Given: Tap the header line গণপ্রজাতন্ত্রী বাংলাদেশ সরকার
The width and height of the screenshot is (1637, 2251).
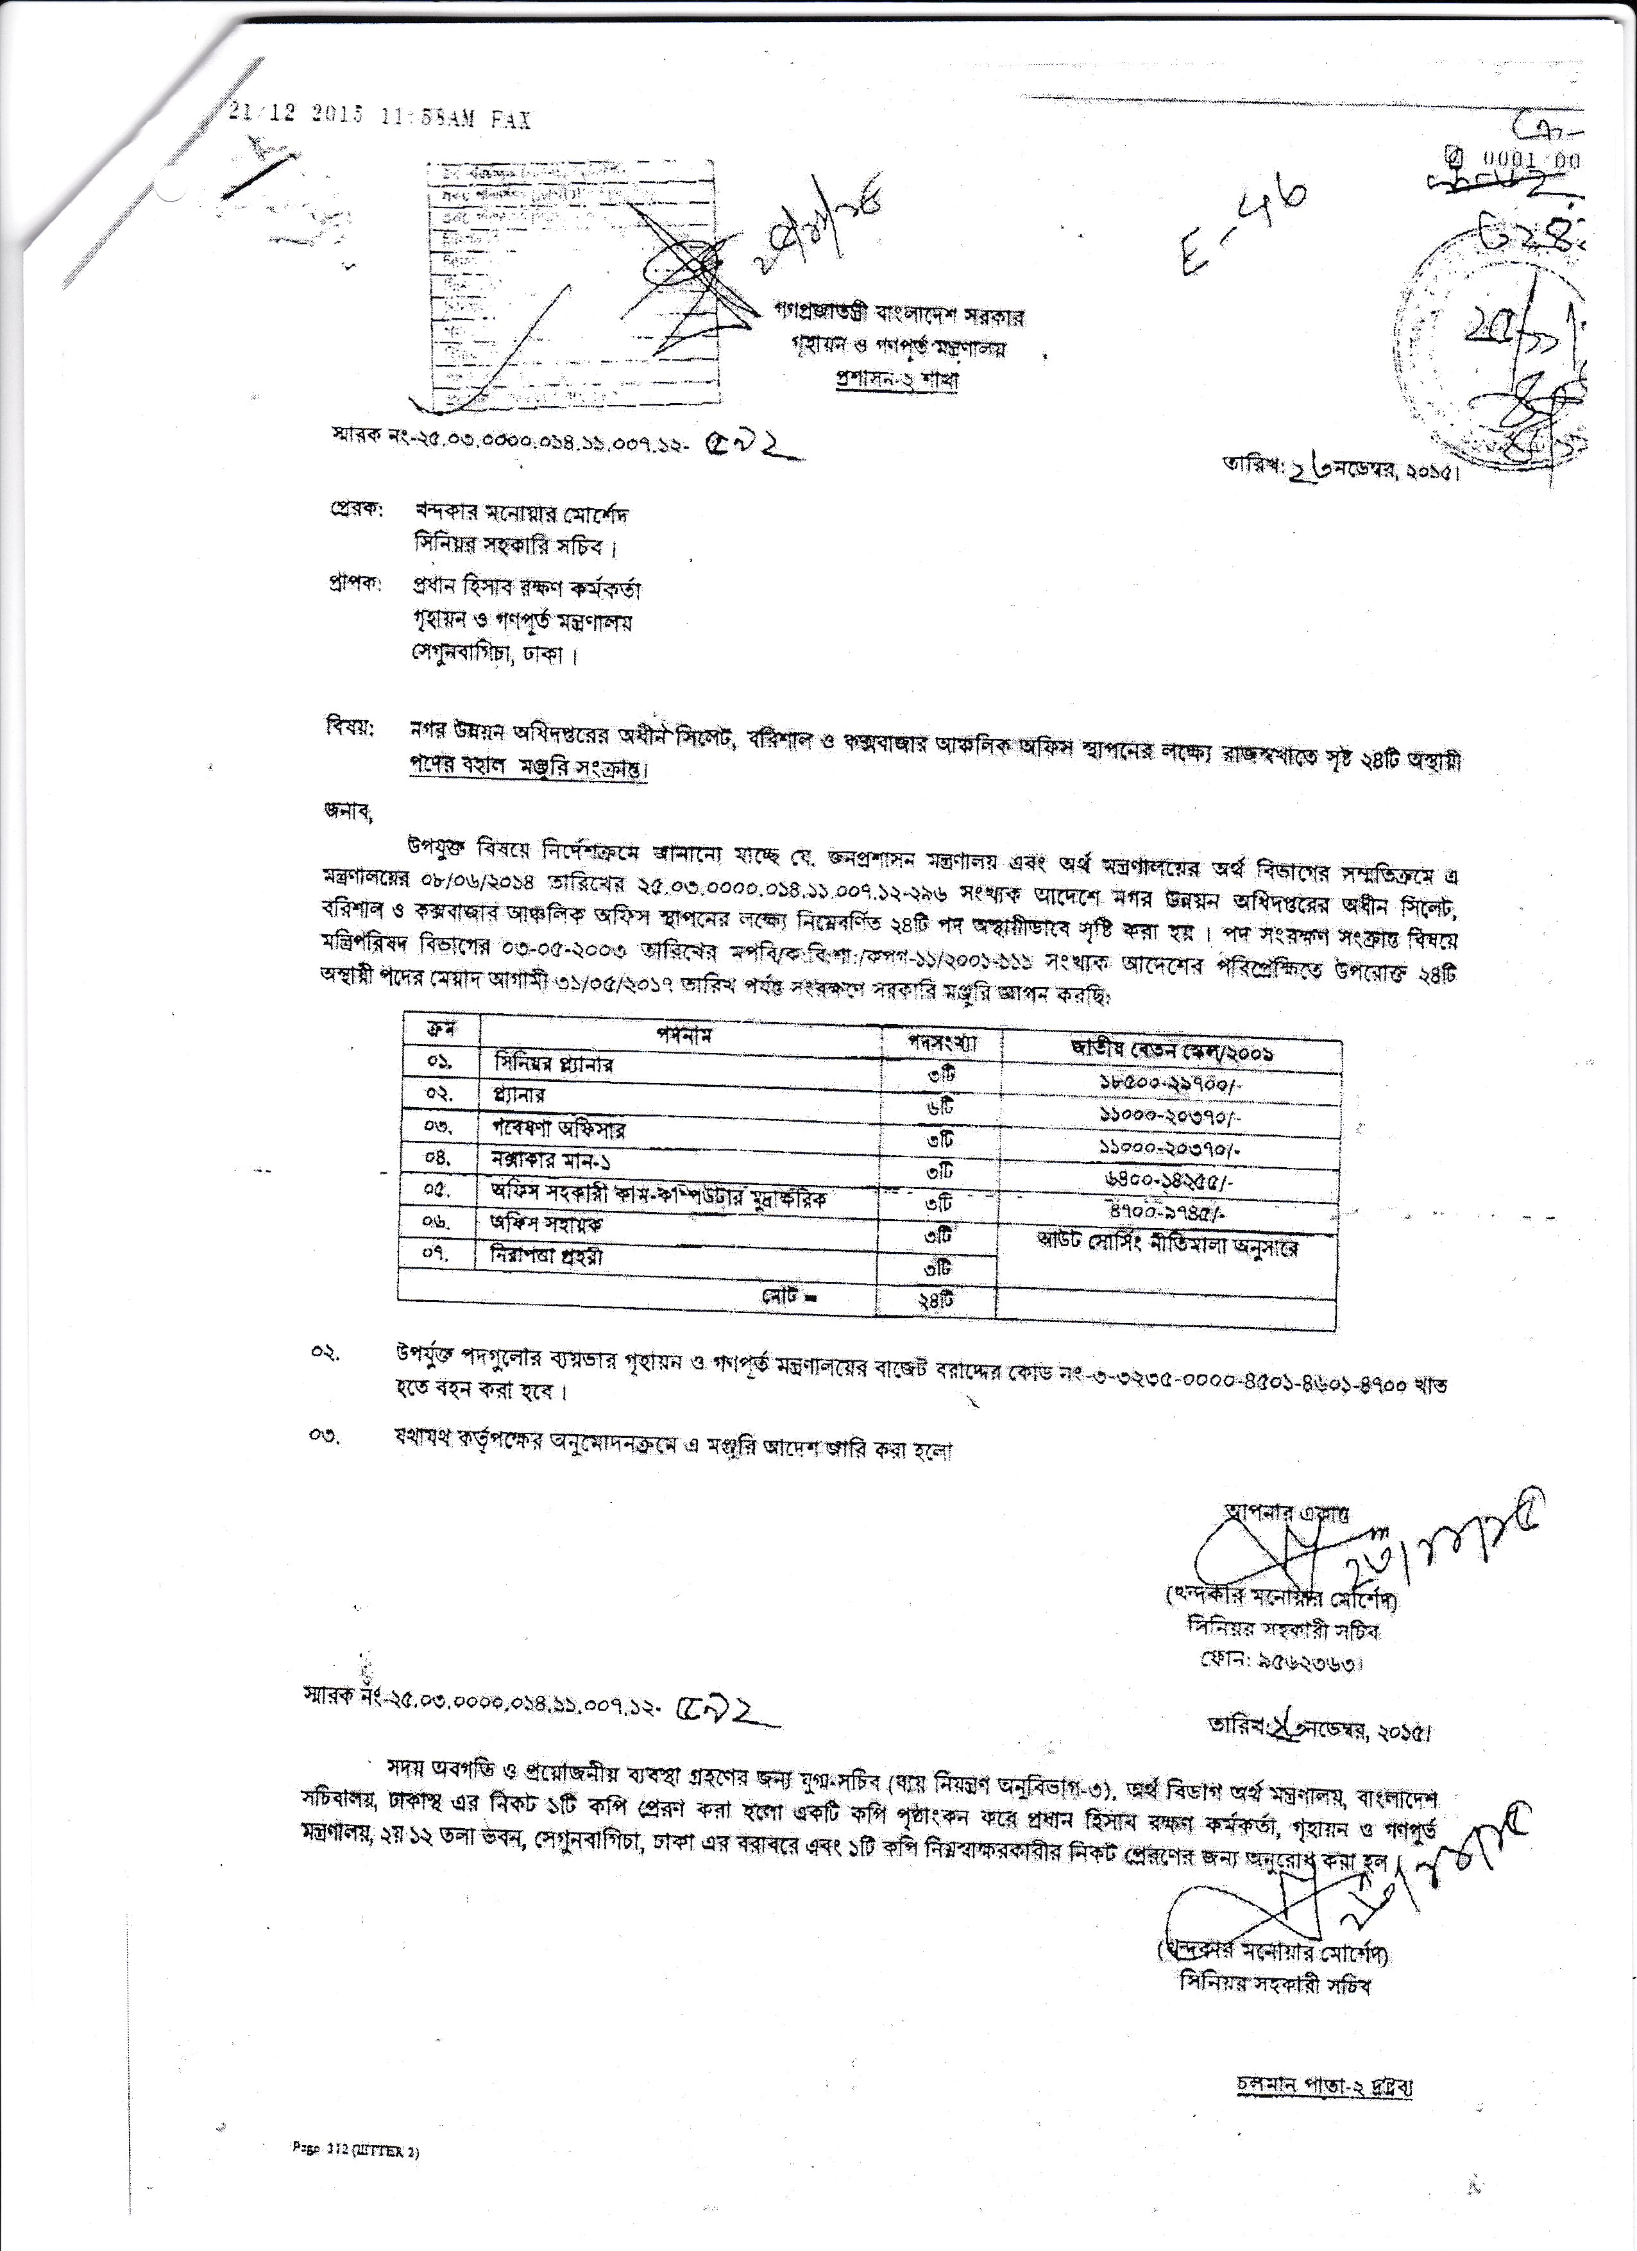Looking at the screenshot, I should click(899, 316).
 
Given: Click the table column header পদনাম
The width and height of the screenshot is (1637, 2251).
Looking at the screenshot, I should click(684, 1033).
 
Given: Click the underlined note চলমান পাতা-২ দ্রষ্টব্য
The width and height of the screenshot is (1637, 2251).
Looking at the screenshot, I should click(1325, 2086).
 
